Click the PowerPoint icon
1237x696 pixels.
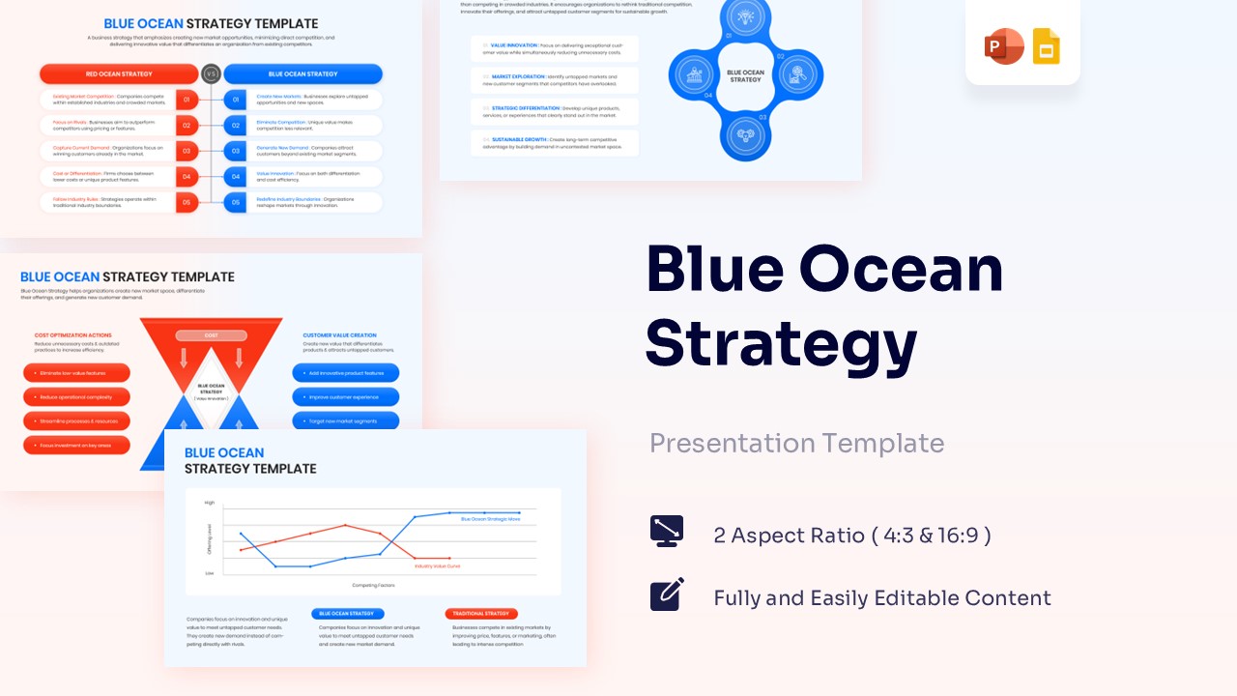(x=1003, y=47)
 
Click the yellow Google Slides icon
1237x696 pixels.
(x=1047, y=47)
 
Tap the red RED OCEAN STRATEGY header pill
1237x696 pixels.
(x=118, y=73)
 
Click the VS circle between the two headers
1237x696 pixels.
(x=211, y=73)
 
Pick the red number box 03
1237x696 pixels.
(x=187, y=151)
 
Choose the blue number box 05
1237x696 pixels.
(x=235, y=202)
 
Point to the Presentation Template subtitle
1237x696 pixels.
(x=796, y=443)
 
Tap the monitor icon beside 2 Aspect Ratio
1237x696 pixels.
(x=667, y=532)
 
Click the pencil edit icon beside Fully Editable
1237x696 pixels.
(x=667, y=594)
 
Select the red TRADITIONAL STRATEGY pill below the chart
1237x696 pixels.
(x=481, y=614)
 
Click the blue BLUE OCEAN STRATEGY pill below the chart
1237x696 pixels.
(x=347, y=614)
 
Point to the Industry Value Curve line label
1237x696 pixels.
(x=437, y=565)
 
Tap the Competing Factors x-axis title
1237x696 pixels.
(x=372, y=585)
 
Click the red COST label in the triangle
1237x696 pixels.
(x=211, y=335)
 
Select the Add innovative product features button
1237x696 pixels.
(x=345, y=373)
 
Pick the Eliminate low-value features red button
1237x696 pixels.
(x=76, y=373)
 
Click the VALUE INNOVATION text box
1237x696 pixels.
(x=555, y=49)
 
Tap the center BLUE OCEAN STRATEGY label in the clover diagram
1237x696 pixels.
(x=745, y=75)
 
